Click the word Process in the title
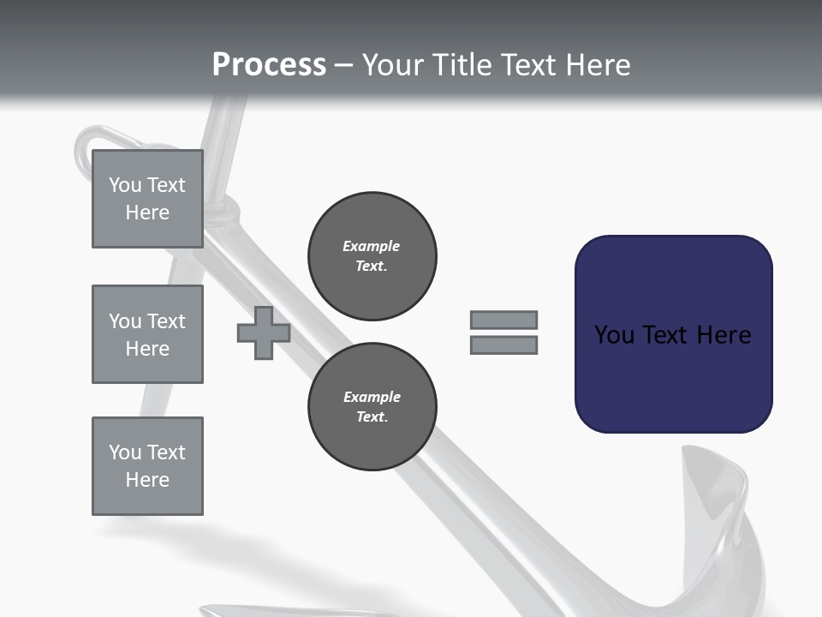coord(269,65)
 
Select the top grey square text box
coord(147,199)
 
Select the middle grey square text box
coord(147,334)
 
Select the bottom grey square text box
coord(147,466)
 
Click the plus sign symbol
coord(264,332)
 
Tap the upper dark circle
coord(372,256)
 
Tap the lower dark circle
coord(372,407)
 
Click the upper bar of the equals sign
coord(503,320)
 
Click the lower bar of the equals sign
coord(503,345)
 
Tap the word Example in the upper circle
coord(372,246)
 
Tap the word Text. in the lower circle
coord(372,417)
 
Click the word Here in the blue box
coord(724,335)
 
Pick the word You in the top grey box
coord(125,185)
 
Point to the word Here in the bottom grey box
coord(147,480)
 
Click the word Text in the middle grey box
coord(166,321)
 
